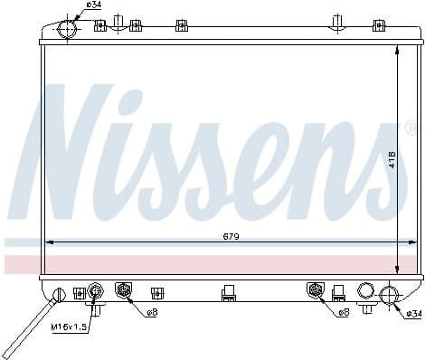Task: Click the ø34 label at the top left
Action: point(93,6)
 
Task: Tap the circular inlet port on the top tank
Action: point(69,28)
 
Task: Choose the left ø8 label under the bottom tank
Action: point(152,313)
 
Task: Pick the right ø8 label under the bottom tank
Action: point(344,313)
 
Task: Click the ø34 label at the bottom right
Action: point(412,313)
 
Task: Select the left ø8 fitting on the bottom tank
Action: point(125,289)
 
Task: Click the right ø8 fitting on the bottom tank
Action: point(316,289)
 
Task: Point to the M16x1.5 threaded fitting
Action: point(94,290)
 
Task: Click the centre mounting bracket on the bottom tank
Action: point(228,292)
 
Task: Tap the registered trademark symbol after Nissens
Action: point(411,128)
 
